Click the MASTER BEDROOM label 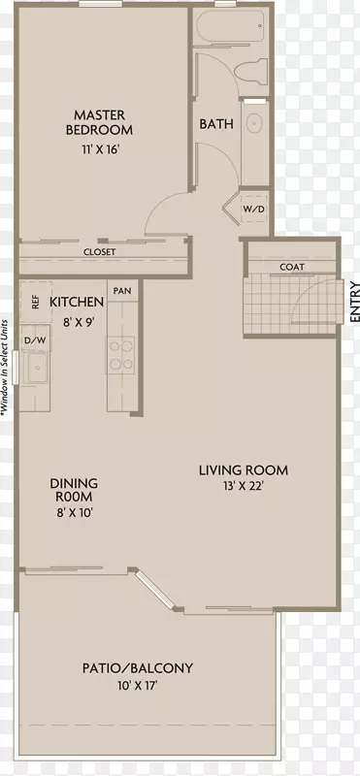[x=100, y=123]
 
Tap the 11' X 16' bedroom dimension [x=101, y=150]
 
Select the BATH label [x=216, y=124]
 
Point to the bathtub [x=230, y=27]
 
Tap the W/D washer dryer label [x=253, y=209]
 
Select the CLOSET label [x=100, y=252]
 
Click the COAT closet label [x=292, y=268]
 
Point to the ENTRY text [x=354, y=302]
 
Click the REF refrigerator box [x=36, y=303]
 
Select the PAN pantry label [x=122, y=290]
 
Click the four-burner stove [x=122, y=355]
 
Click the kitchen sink [x=36, y=368]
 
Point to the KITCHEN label [x=77, y=302]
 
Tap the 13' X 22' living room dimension [x=243, y=486]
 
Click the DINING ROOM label [x=74, y=489]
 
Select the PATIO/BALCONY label [x=137, y=668]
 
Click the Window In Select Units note [x=5, y=367]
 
